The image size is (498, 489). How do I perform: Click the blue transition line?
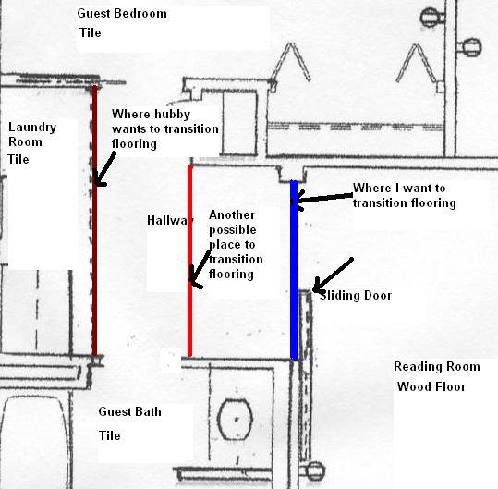pos(294,270)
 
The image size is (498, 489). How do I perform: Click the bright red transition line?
pos(190,262)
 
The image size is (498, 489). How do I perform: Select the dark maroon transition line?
pos(94,220)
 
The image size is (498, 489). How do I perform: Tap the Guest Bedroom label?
pos(122,13)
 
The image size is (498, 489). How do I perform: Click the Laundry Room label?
pos(32,134)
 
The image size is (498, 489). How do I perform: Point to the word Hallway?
pos(170,220)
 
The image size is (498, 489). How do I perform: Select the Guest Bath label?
pos(130,411)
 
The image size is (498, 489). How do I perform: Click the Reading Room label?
pos(437,366)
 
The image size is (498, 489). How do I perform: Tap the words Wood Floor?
pos(431,386)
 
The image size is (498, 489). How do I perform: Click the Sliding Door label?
pos(356,296)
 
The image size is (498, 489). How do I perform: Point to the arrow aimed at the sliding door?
pos(333,275)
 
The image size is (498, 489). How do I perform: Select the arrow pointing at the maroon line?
pos(104,169)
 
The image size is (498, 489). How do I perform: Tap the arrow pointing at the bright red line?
pos(199,269)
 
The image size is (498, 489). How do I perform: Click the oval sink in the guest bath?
pos(236,420)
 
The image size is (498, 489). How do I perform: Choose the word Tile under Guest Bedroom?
pos(91,32)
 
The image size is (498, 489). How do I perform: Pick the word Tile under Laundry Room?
pos(18,159)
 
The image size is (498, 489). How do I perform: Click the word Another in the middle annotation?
pos(232,215)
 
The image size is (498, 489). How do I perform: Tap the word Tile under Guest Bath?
pos(110,435)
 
